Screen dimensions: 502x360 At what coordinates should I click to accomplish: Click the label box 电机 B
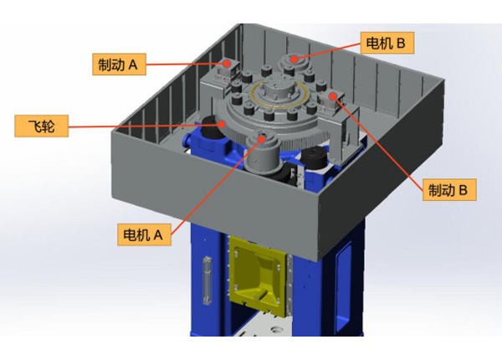(387, 43)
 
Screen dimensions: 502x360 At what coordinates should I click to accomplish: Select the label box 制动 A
(119, 64)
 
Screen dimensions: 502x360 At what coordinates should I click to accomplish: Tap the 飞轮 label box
(41, 126)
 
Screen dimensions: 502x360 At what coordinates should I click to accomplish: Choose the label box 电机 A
(144, 234)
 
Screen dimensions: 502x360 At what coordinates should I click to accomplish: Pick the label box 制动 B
(449, 190)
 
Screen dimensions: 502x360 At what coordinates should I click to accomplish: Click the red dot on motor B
(294, 59)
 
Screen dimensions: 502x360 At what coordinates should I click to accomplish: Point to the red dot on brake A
(227, 64)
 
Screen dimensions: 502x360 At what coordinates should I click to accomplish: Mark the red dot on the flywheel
(222, 124)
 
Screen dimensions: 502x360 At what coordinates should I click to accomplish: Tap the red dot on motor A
(262, 139)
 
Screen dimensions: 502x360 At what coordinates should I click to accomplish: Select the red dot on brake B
(333, 96)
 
